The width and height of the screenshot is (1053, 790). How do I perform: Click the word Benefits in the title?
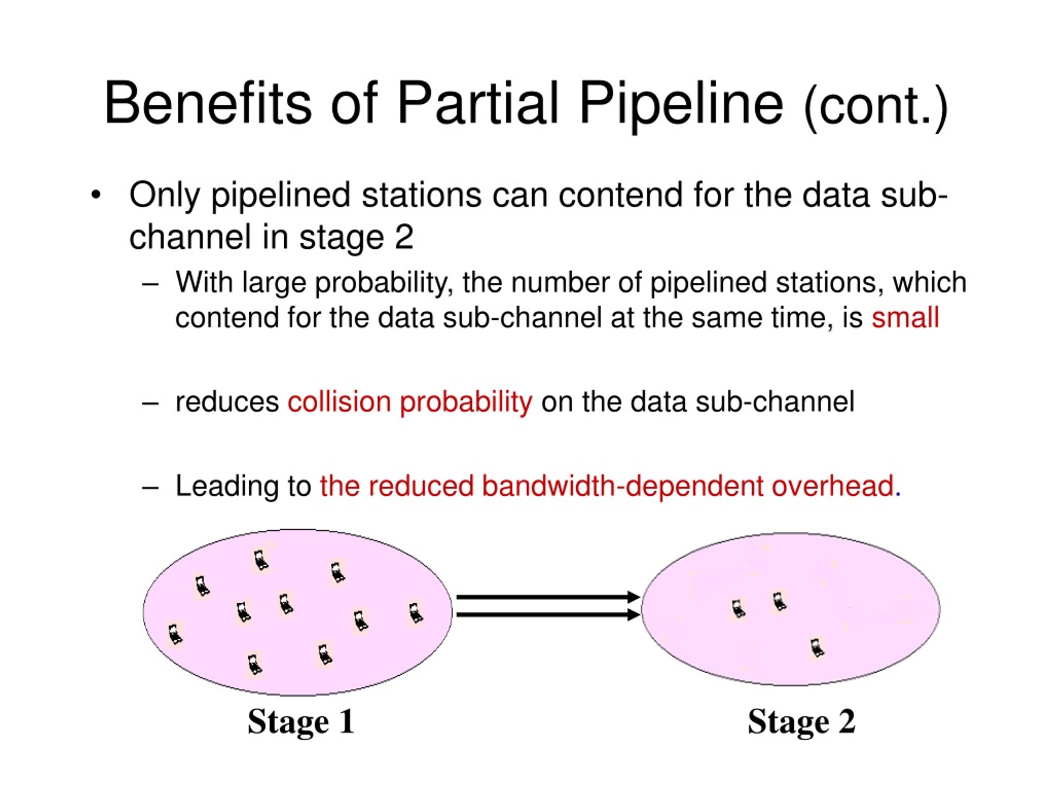208,103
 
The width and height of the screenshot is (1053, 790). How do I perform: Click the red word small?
905,318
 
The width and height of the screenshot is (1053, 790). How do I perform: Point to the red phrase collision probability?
410,402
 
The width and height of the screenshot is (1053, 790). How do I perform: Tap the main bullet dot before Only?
96,195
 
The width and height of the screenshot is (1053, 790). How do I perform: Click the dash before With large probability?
150,284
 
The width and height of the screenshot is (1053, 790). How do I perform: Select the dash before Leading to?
150,488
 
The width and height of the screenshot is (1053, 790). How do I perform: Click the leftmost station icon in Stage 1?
175,634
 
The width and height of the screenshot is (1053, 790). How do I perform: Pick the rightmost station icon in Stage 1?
415,613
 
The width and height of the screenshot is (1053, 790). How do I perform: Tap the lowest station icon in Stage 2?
817,648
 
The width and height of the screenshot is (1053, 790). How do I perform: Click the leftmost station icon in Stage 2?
738,609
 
